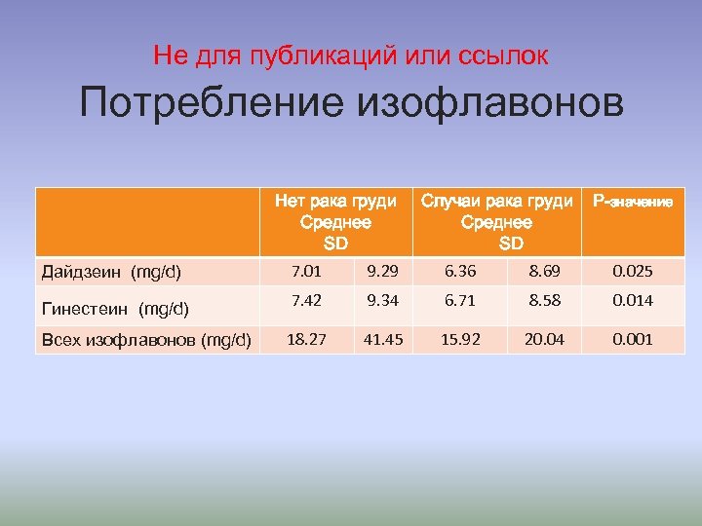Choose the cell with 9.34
pos(384,301)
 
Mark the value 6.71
pos(459,301)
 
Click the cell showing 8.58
pos(543,301)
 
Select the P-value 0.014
pos(633,301)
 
